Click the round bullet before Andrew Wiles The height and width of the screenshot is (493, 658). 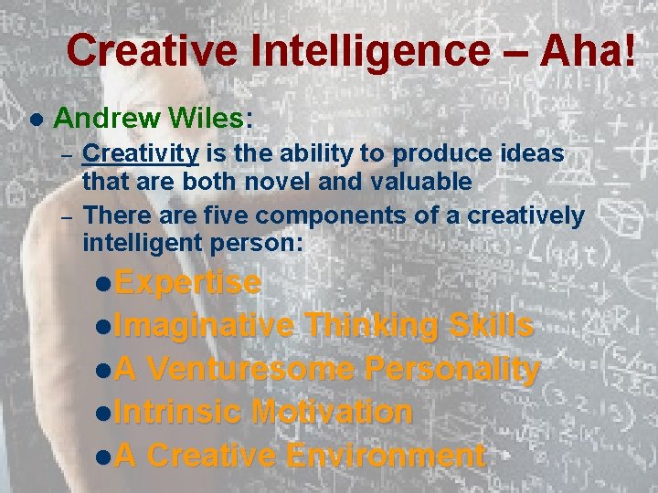[x=36, y=120]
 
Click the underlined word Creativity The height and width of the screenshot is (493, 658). [x=141, y=154]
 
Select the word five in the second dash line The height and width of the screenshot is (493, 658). [x=228, y=215]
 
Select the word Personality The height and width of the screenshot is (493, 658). [x=451, y=369]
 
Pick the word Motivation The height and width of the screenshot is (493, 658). [x=332, y=412]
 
